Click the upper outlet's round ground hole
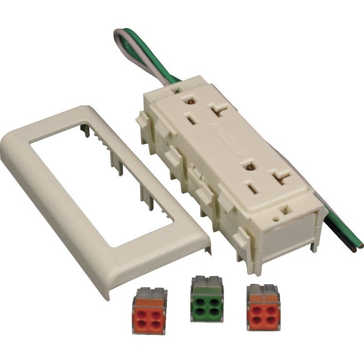(x=192, y=101)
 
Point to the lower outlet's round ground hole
(x=250, y=166)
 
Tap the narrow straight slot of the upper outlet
(x=190, y=119)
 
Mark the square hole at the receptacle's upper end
(x=176, y=88)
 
